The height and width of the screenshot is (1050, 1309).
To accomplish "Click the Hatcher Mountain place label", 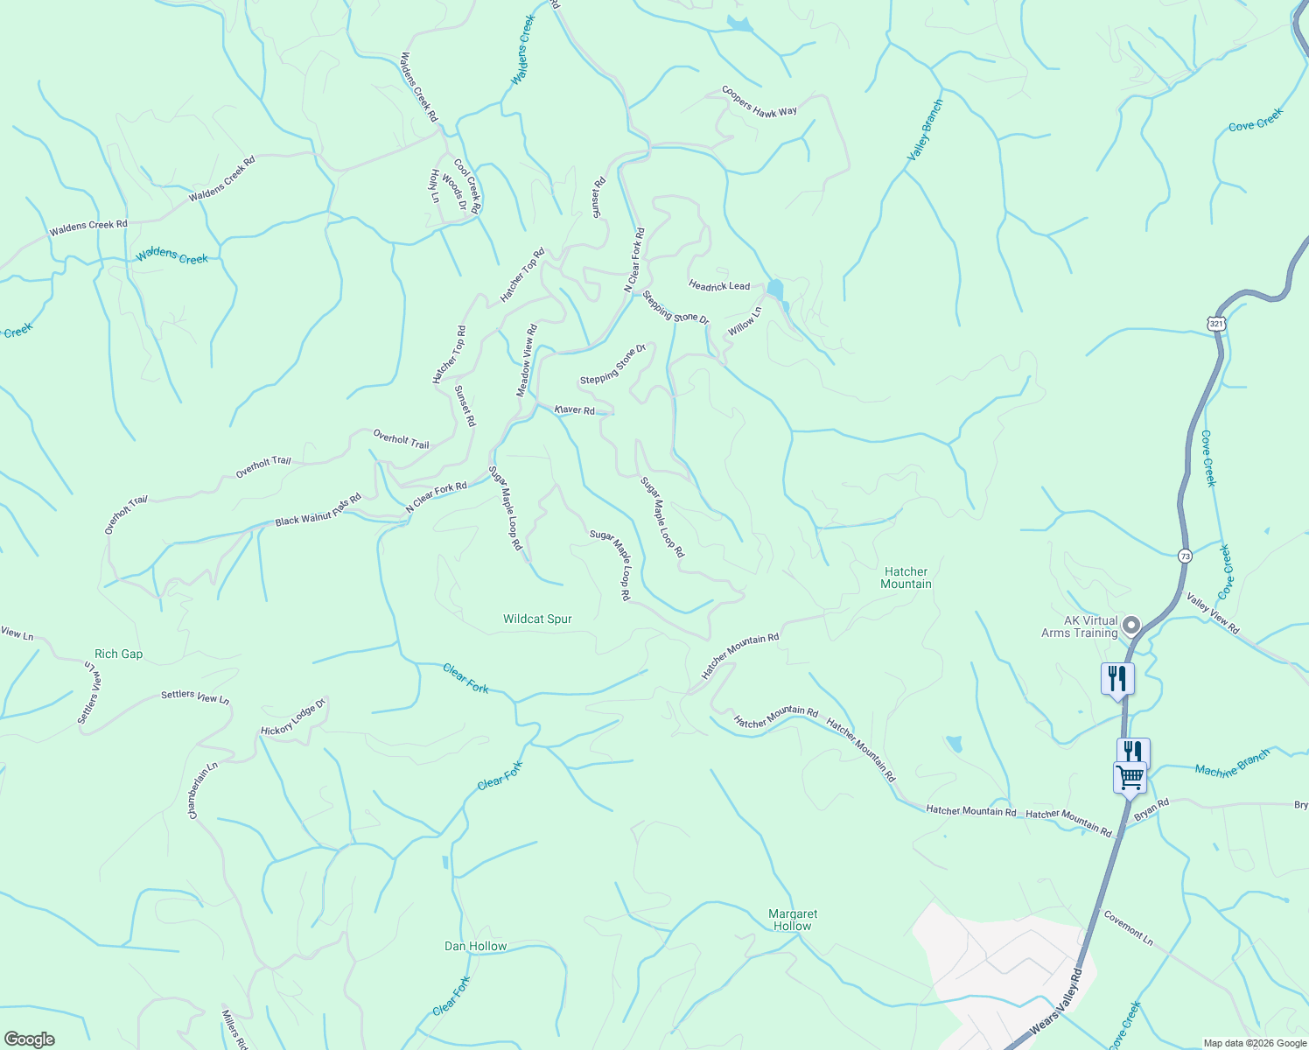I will pyautogui.click(x=906, y=577).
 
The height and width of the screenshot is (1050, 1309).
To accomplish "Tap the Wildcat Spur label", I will pyautogui.click(x=537, y=619).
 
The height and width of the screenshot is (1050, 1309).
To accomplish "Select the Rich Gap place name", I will pyautogui.click(x=118, y=654).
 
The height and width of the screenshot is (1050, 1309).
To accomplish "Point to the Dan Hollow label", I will pyautogui.click(x=475, y=946).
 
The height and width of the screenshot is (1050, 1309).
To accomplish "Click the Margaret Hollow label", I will pyautogui.click(x=793, y=920).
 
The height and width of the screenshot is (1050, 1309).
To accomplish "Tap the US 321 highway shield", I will pyautogui.click(x=1216, y=324).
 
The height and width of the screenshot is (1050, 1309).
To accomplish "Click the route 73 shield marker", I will pyautogui.click(x=1185, y=556).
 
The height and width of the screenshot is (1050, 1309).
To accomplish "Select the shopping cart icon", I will pyautogui.click(x=1130, y=777).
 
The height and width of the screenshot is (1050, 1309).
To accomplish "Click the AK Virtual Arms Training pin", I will pyautogui.click(x=1131, y=626).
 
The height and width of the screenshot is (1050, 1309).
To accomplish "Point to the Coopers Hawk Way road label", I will pyautogui.click(x=759, y=101).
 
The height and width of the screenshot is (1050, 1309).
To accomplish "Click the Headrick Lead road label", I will pyautogui.click(x=719, y=285).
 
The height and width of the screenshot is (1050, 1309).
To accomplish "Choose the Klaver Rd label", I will pyautogui.click(x=575, y=409).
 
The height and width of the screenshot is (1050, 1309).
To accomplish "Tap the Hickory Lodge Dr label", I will pyautogui.click(x=293, y=717).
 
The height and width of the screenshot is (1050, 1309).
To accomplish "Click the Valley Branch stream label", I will pyautogui.click(x=925, y=129).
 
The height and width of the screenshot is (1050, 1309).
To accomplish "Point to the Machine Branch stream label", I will pyautogui.click(x=1232, y=764).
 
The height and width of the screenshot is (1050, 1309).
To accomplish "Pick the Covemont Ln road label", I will pyautogui.click(x=1128, y=928).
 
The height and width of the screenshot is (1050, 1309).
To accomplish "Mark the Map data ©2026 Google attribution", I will pyautogui.click(x=1254, y=1043).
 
